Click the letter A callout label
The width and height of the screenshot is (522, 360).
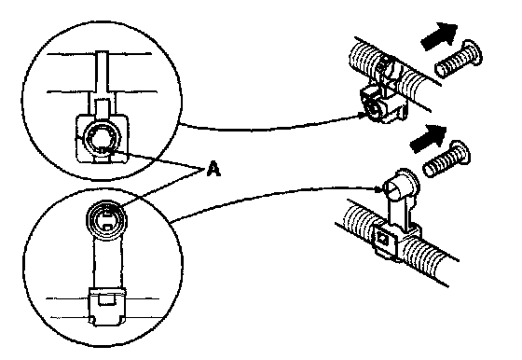(213, 168)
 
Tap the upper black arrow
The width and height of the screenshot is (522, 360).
(439, 36)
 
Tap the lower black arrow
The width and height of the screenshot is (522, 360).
(428, 139)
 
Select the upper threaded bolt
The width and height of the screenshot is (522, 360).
(459, 60)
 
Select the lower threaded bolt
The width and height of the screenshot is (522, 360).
(446, 159)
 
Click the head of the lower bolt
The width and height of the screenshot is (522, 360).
(462, 152)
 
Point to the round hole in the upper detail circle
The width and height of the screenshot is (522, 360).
(103, 139)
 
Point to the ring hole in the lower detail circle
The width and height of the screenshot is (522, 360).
(106, 219)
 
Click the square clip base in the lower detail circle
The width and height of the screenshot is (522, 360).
(106, 306)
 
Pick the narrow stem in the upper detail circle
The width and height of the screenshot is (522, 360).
(103, 74)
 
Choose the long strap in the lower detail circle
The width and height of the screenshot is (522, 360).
(107, 263)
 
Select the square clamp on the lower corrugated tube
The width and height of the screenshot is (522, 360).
(396, 241)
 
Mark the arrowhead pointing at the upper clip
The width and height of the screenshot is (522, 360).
(363, 115)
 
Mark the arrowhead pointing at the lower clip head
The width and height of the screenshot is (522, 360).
(378, 190)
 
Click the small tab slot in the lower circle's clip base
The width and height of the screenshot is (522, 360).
(106, 299)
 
